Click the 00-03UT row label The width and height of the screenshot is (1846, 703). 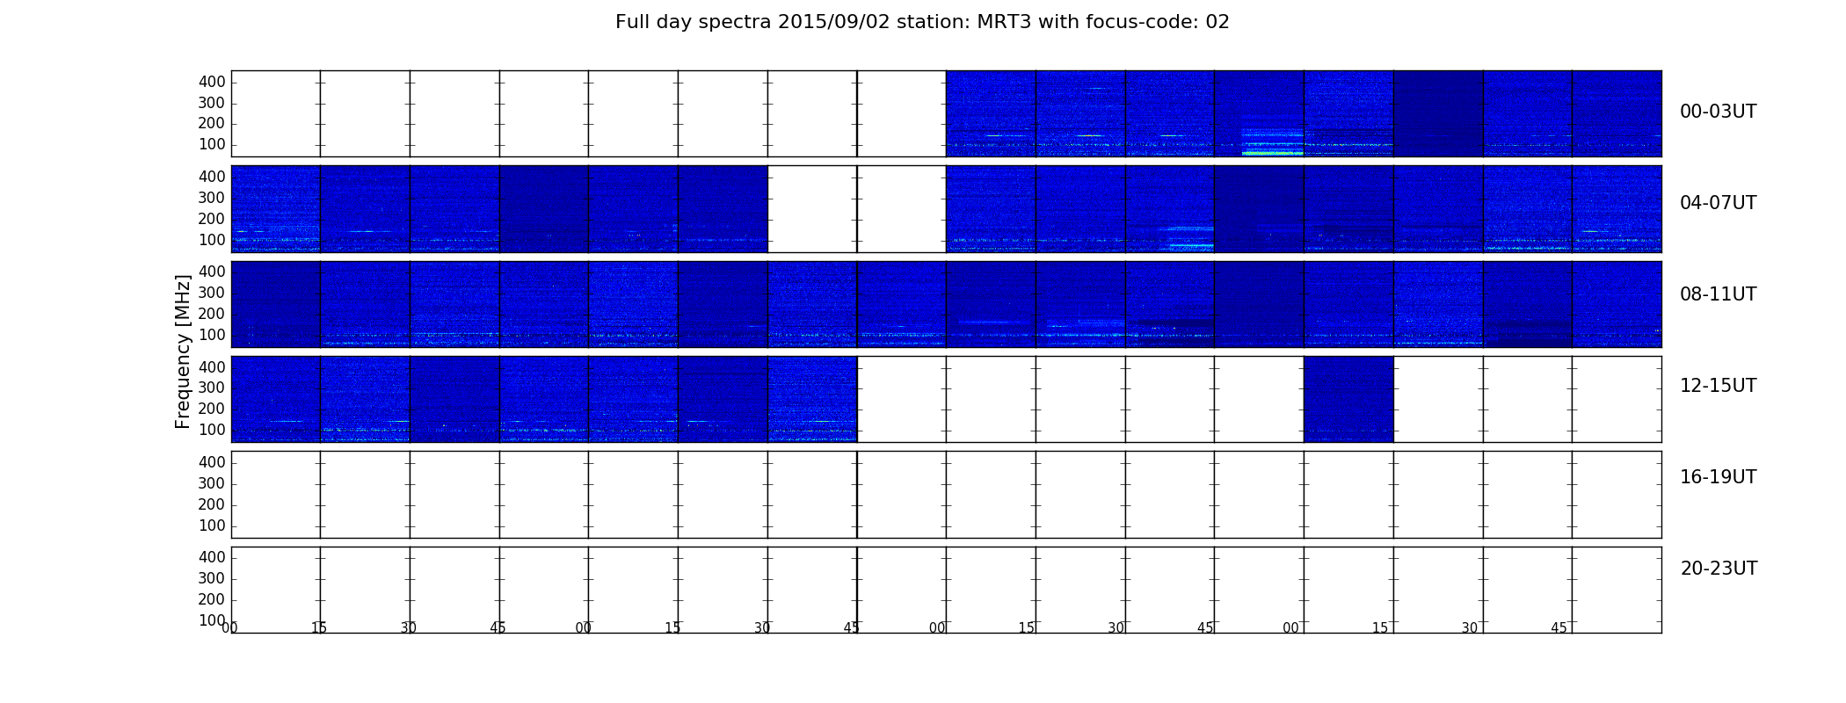1718,112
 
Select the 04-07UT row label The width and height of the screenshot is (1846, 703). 1718,203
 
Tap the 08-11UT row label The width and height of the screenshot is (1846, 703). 1718,294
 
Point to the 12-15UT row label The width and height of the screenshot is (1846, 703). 1718,386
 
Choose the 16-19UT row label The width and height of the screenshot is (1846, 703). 1718,477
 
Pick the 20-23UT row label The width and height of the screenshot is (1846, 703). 1719,569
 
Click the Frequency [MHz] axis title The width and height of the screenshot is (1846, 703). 183,351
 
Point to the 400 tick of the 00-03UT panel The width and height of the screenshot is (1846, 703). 212,82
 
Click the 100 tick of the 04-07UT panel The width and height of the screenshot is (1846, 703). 212,240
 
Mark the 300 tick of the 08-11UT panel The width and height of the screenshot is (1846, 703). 212,293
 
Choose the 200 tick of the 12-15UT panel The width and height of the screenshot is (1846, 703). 212,409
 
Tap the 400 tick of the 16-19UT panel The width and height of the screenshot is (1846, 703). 212,462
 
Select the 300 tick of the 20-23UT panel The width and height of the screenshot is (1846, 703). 212,578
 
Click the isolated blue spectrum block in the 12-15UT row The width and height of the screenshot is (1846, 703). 1348,399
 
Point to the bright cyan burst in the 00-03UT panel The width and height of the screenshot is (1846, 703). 1273,153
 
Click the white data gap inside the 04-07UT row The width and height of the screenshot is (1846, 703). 857,209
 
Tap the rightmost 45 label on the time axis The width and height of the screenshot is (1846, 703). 1559,628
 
